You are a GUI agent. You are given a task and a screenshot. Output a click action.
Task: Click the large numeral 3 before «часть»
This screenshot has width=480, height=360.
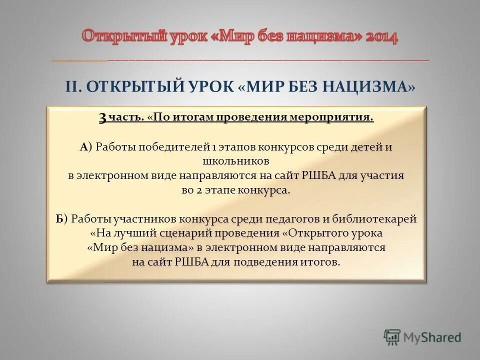click(102, 118)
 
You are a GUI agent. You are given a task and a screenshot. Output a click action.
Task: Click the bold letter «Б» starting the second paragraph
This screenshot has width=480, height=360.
click(59, 219)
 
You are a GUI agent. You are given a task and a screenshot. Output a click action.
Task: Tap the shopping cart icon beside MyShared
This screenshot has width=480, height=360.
click(392, 337)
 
